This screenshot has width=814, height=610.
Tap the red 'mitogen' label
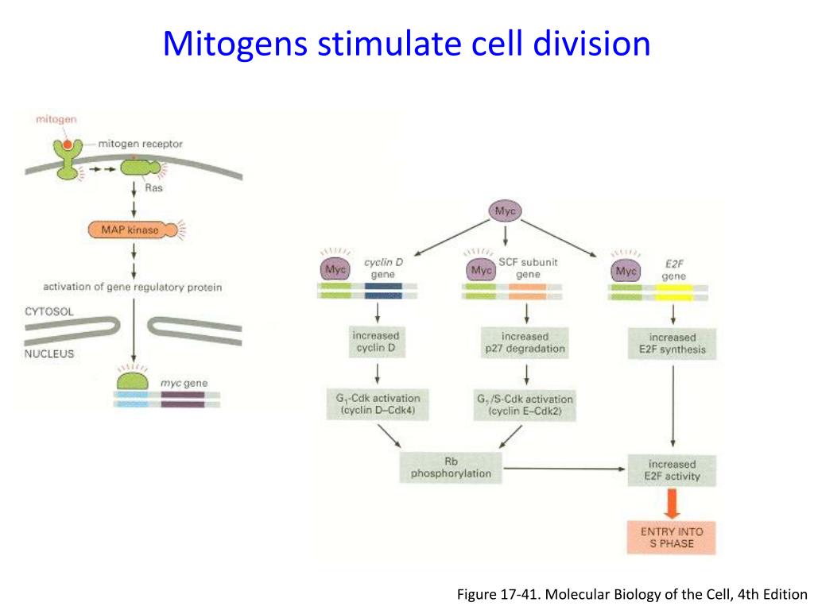tap(56, 119)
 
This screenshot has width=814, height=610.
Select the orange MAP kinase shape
tap(127, 230)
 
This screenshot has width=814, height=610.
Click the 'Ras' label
tap(153, 187)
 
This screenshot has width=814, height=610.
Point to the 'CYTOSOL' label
tap(48, 312)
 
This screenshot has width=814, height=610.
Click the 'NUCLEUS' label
tap(48, 353)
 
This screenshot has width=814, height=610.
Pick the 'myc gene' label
tap(184, 383)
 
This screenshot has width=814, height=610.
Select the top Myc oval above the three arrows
tap(506, 210)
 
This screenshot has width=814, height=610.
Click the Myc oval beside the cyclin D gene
tap(335, 270)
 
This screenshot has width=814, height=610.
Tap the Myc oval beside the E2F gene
tap(627, 272)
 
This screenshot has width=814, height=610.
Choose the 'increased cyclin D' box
tap(376, 342)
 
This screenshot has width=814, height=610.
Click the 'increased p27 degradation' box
tap(525, 342)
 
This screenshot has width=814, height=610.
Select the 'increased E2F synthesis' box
tap(672, 343)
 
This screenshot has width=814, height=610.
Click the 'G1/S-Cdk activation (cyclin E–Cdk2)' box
tap(524, 406)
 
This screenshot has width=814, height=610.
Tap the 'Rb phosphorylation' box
tap(451, 467)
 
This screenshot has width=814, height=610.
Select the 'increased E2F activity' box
tap(672, 470)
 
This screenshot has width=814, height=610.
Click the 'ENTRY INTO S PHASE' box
tap(672, 537)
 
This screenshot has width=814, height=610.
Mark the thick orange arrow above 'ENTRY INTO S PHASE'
tap(672, 504)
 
